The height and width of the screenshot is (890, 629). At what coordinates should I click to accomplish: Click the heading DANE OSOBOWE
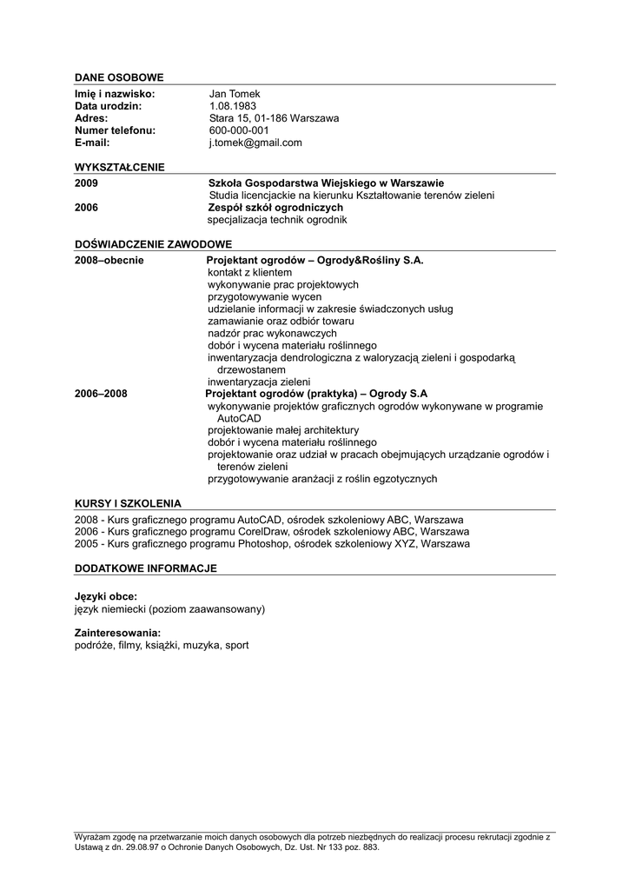pos(119,78)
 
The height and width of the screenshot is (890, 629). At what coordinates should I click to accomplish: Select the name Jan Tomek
pos(235,94)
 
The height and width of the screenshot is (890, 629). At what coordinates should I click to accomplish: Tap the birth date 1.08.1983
pos(233,106)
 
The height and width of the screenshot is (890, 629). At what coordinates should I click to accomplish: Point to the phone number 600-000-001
pos(239,130)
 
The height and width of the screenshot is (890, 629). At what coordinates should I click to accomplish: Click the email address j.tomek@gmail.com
pos(255,143)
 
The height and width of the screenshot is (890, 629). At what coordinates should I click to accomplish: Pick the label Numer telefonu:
pos(115,130)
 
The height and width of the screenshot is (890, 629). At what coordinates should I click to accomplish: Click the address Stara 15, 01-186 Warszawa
pos(274,118)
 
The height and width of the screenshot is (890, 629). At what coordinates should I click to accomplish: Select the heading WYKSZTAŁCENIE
pos(120,167)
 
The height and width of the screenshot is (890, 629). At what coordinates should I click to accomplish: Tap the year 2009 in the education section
pos(87,183)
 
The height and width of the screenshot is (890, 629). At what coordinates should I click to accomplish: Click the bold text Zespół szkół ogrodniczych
pos(275,208)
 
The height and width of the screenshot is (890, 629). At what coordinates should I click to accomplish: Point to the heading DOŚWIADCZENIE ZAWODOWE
pos(153,244)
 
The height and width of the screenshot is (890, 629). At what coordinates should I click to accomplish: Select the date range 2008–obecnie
pos(109,260)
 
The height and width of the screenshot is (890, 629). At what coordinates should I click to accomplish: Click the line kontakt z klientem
pos(249,272)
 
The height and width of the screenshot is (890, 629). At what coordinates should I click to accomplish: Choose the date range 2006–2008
pos(101,394)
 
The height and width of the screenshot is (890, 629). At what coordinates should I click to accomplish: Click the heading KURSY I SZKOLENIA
pos(128,503)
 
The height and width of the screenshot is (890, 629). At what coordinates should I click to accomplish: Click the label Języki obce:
pos(106,596)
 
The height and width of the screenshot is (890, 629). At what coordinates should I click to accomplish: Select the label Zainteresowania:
pos(118,633)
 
